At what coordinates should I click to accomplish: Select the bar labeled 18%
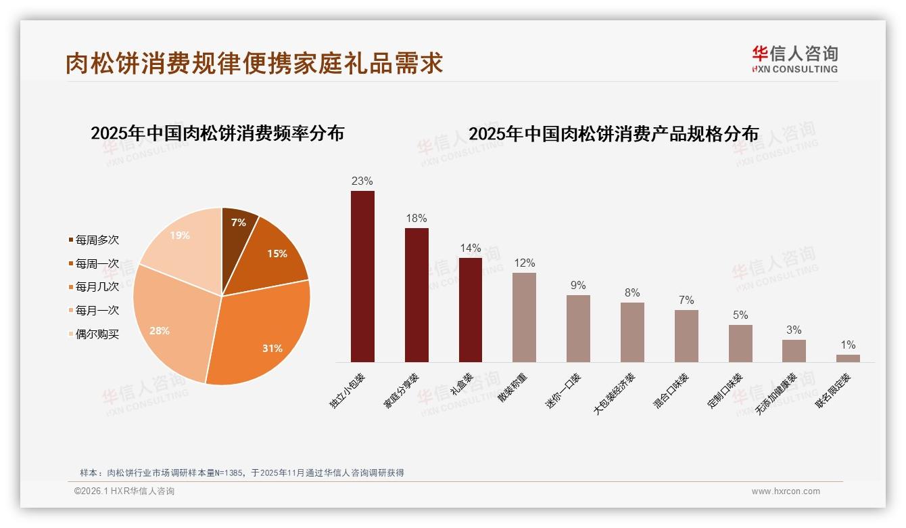[416, 295]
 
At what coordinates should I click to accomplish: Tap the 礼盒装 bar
[471, 310]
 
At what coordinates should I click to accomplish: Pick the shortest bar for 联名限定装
[848, 358]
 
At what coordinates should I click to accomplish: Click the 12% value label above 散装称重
[524, 263]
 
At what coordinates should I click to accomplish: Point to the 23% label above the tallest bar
[362, 181]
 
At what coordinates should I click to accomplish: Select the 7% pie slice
[237, 226]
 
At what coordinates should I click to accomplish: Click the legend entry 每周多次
[97, 240]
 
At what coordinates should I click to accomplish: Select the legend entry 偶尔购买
[97, 334]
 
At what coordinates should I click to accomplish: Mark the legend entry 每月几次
[97, 286]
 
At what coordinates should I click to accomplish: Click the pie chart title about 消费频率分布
[217, 133]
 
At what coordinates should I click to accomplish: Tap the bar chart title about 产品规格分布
[613, 134]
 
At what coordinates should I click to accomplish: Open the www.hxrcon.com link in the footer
[786, 491]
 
